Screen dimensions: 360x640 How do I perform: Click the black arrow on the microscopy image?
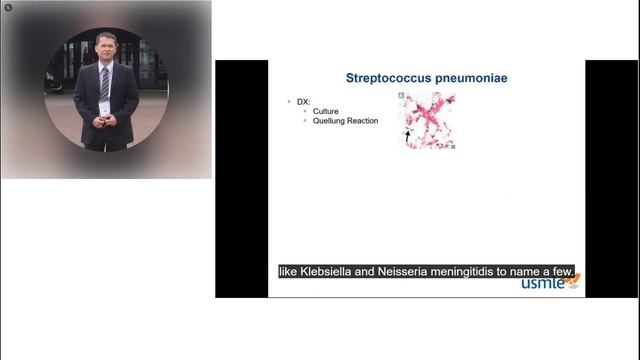pos(407,133)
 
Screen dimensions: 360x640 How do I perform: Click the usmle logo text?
pos(543,283)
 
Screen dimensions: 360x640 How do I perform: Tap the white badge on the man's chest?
pos(104,107)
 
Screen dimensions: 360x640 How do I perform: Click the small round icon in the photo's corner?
pos(8,7)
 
